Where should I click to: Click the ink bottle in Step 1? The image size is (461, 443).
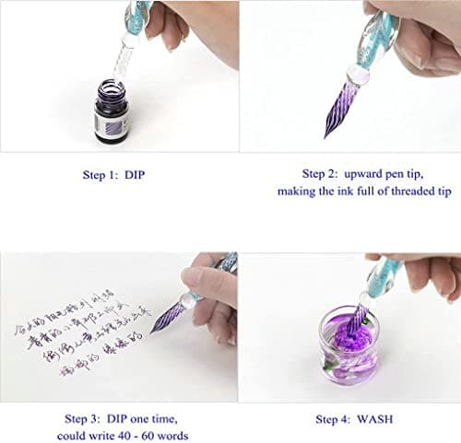112,112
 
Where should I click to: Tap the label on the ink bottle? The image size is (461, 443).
112,122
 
